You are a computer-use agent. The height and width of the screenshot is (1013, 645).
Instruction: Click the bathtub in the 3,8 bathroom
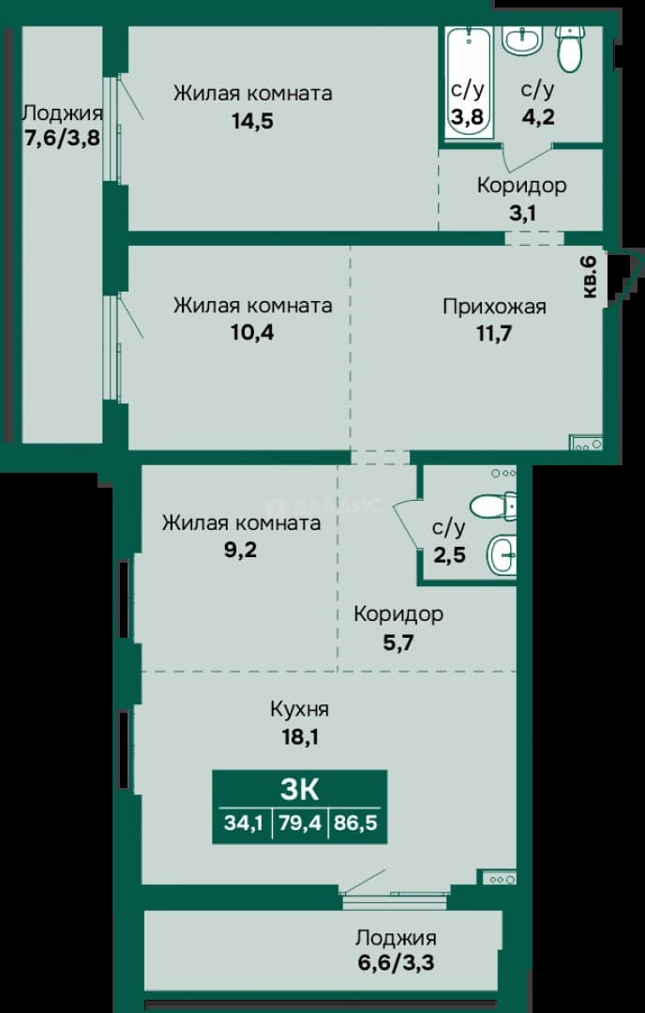[x=468, y=81]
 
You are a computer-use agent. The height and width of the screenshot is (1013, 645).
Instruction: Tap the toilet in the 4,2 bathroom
[x=569, y=49]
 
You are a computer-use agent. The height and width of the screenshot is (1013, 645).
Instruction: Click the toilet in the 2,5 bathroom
[x=493, y=506]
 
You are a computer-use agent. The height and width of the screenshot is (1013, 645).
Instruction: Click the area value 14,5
[x=252, y=121]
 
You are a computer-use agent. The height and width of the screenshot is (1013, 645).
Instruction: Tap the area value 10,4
[x=252, y=333]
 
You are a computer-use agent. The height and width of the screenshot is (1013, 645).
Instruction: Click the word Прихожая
[x=494, y=306]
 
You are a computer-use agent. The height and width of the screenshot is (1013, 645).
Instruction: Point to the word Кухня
[x=300, y=709]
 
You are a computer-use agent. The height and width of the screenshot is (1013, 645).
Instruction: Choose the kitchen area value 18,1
[x=300, y=736]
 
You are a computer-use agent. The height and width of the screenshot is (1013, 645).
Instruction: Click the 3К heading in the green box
[x=300, y=789]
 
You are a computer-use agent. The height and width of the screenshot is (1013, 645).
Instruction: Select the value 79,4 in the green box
[x=300, y=824]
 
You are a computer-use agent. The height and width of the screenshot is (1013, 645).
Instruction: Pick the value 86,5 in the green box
[x=355, y=824]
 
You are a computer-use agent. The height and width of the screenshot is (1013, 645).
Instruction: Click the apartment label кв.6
[x=590, y=277]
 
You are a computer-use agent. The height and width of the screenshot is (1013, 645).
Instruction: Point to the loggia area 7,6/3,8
[x=63, y=138]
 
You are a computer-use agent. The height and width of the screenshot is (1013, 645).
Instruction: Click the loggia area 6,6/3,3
[x=396, y=963]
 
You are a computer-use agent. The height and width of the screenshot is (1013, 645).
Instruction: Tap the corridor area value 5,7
[x=398, y=643]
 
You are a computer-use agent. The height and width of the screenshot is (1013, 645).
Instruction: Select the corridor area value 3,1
[x=522, y=213]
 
